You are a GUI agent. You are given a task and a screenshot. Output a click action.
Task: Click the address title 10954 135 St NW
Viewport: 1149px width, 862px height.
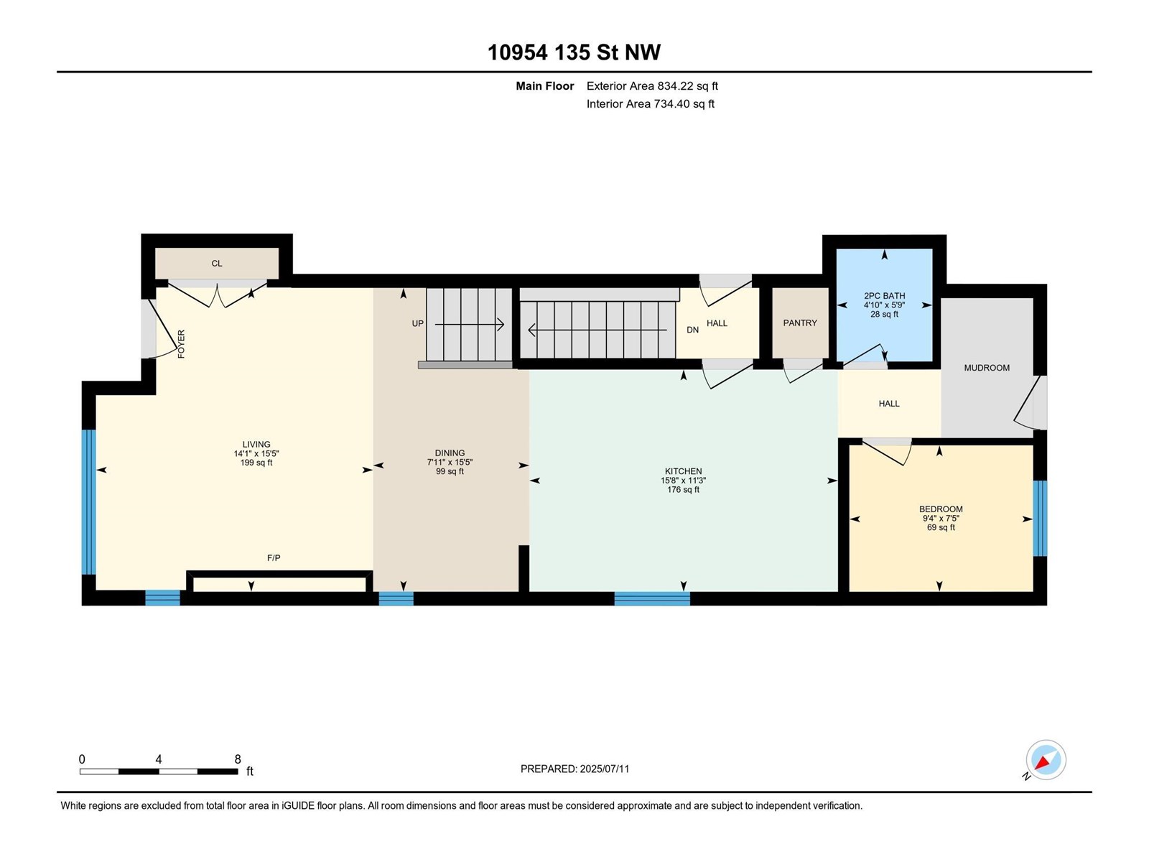pyautogui.click(x=574, y=52)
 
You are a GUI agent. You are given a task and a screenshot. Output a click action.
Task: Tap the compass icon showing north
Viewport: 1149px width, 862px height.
pyautogui.click(x=1046, y=759)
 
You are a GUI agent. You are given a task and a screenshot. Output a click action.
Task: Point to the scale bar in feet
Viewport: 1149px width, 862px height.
pyautogui.click(x=159, y=771)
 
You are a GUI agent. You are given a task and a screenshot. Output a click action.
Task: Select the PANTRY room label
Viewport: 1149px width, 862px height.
pyautogui.click(x=800, y=323)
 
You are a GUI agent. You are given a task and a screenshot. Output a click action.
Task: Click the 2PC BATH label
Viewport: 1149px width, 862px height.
pyautogui.click(x=884, y=296)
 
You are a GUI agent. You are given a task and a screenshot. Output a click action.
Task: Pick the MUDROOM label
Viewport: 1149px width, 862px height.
pyautogui.click(x=987, y=368)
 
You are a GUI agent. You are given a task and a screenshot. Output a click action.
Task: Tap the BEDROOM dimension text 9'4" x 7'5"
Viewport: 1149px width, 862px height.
pyautogui.click(x=941, y=518)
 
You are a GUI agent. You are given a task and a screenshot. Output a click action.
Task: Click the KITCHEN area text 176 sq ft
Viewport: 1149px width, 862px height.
pyautogui.click(x=683, y=490)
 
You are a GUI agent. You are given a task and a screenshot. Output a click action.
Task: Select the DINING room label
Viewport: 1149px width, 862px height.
pyautogui.click(x=450, y=453)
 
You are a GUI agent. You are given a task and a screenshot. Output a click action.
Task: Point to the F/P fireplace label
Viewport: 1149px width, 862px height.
pyautogui.click(x=274, y=558)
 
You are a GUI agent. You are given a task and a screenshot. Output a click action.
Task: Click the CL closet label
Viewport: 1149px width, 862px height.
pyautogui.click(x=217, y=263)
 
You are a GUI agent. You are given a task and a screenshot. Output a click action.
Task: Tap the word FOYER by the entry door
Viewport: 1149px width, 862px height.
pyautogui.click(x=181, y=344)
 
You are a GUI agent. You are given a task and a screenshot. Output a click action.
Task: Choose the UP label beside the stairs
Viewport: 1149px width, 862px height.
pyautogui.click(x=418, y=323)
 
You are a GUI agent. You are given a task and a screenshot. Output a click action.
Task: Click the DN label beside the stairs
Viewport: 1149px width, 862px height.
pyautogui.click(x=692, y=330)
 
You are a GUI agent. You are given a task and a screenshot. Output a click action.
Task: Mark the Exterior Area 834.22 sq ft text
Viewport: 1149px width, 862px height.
pyautogui.click(x=652, y=85)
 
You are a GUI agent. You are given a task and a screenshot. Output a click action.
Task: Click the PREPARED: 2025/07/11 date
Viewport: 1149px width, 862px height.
pyautogui.click(x=574, y=769)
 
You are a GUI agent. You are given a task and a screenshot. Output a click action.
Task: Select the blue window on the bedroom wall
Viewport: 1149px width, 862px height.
pyautogui.click(x=1040, y=518)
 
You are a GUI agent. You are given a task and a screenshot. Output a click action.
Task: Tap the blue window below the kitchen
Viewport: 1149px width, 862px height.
pyautogui.click(x=652, y=598)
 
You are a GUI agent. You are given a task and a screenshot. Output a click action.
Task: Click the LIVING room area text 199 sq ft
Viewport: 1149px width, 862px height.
pyautogui.click(x=256, y=463)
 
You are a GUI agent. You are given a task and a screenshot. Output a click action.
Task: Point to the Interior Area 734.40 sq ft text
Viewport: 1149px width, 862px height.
pyautogui.click(x=650, y=103)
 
